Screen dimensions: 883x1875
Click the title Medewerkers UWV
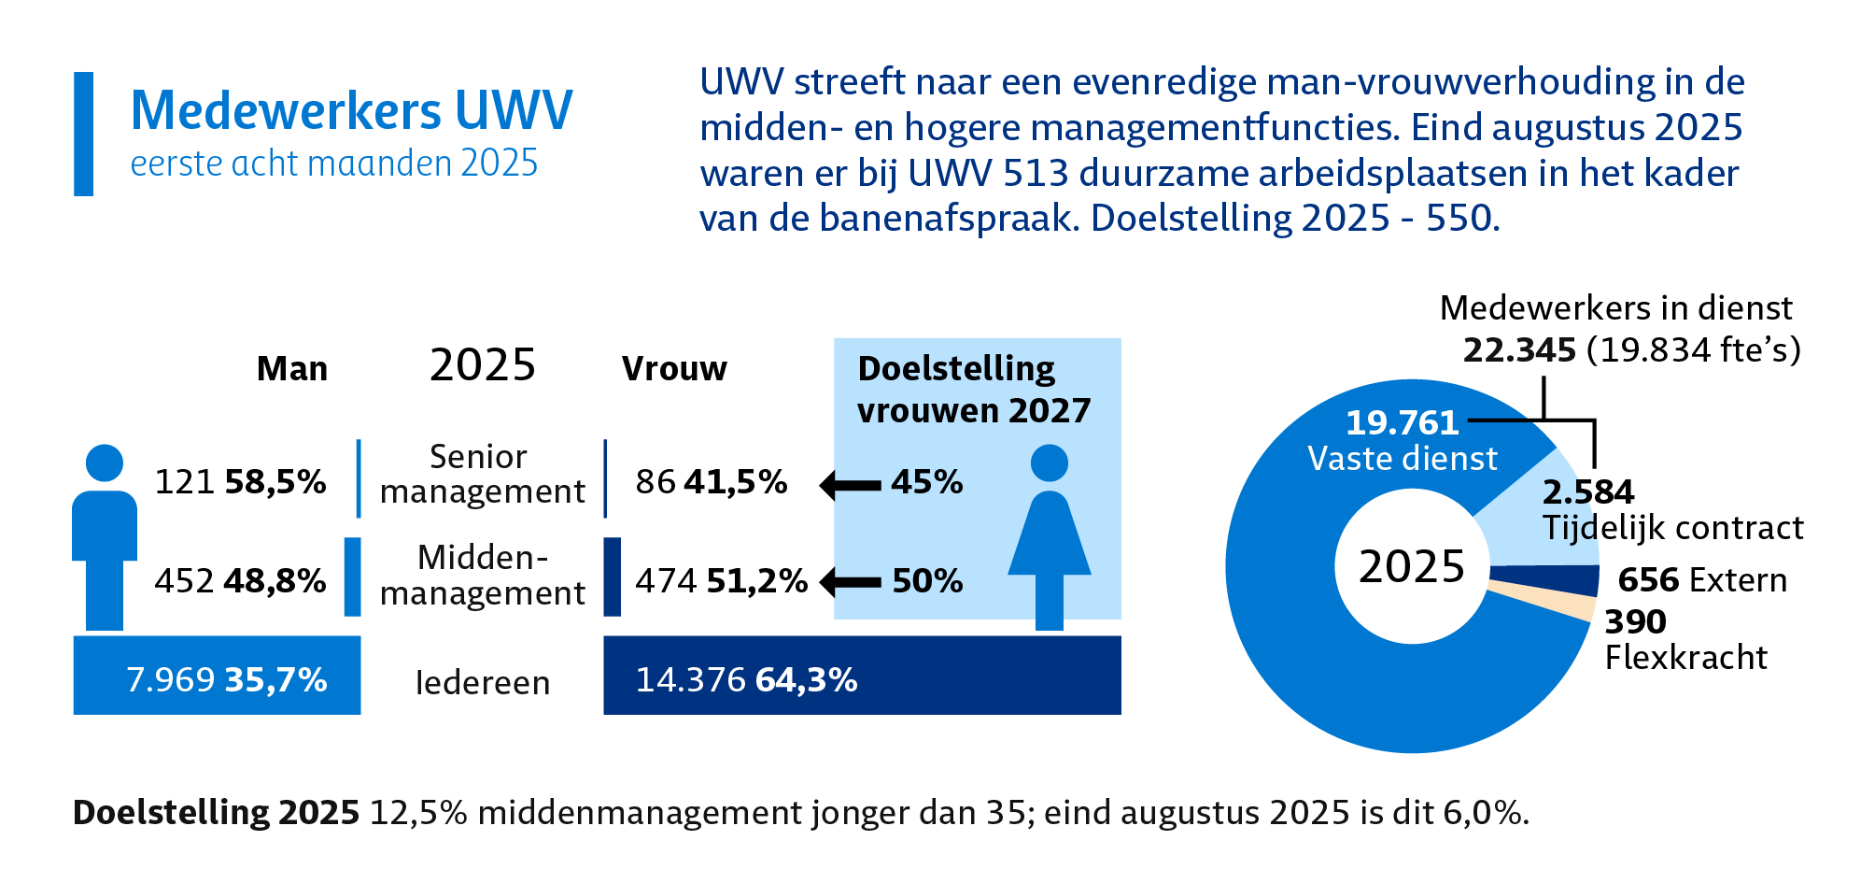(x=351, y=110)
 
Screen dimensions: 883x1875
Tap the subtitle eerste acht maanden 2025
(x=334, y=164)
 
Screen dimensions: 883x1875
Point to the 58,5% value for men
(x=275, y=482)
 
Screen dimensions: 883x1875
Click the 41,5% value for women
(x=736, y=482)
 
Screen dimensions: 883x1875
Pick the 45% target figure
(x=926, y=482)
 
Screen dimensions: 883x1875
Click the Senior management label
(x=482, y=474)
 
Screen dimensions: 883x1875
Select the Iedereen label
(x=482, y=683)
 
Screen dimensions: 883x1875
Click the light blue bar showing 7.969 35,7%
(x=217, y=676)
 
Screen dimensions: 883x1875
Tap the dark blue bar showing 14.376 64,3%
(x=861, y=676)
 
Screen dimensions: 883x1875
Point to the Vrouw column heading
(x=674, y=369)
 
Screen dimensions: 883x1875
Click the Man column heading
(x=292, y=369)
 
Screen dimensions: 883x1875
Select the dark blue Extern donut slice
(x=1546, y=580)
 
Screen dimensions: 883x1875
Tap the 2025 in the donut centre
(x=1412, y=566)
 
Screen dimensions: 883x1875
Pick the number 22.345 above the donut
(x=1519, y=350)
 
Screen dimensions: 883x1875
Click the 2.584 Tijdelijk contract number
(x=1588, y=491)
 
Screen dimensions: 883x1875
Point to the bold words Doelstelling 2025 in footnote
(x=216, y=813)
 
